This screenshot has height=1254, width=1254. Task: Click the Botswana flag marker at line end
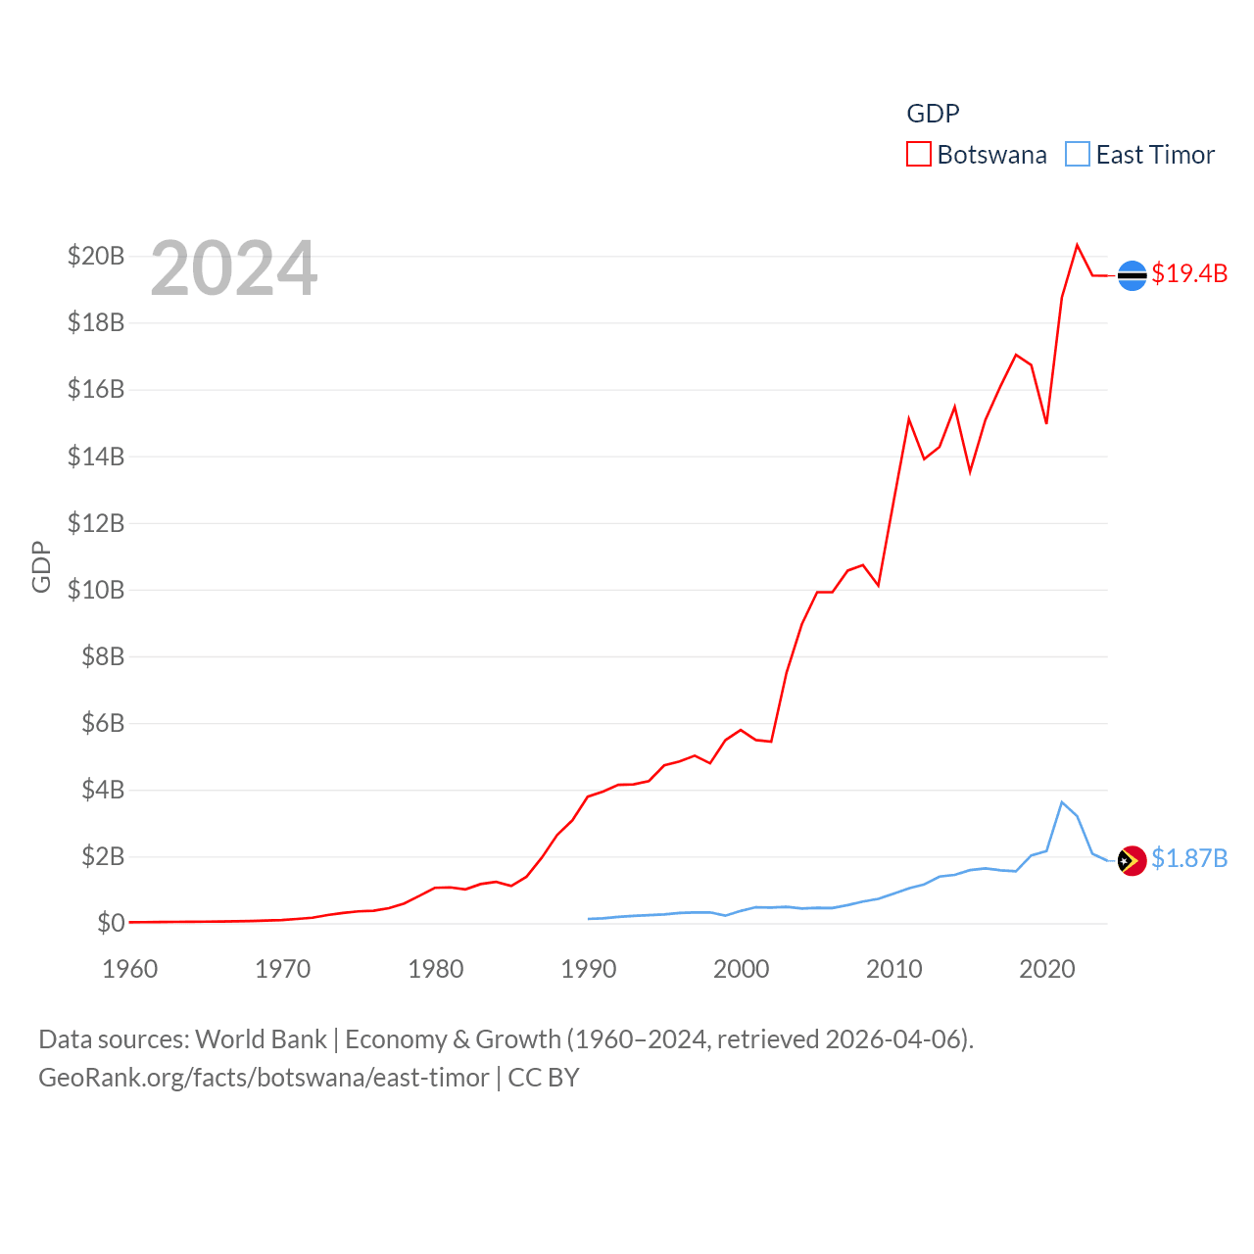(x=1132, y=276)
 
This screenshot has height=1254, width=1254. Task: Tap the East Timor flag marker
(x=1132, y=860)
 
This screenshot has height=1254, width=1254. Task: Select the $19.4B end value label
(x=1189, y=273)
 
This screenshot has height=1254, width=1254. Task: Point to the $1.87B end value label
(x=1189, y=858)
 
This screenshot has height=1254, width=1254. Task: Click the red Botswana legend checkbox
(x=918, y=155)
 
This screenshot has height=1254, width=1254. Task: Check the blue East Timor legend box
(x=1077, y=155)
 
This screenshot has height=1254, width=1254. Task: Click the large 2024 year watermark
(x=234, y=268)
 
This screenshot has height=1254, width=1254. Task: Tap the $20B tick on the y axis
(x=96, y=257)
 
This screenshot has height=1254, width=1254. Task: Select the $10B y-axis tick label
(x=96, y=590)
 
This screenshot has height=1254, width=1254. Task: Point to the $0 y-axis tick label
(x=111, y=923)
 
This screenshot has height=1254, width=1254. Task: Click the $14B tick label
(x=96, y=457)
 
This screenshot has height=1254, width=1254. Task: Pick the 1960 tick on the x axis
(x=130, y=970)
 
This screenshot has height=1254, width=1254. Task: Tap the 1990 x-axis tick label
(x=589, y=970)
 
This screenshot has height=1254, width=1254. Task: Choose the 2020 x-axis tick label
(x=1047, y=970)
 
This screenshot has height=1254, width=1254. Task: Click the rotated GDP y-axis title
(x=41, y=566)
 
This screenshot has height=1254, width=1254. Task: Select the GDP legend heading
(x=933, y=114)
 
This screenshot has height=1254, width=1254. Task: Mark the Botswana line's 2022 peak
(x=1078, y=245)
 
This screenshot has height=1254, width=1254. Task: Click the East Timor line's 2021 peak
(x=1062, y=802)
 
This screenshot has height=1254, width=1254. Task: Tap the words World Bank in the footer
(x=261, y=1039)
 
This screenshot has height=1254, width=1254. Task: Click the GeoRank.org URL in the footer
(x=264, y=1078)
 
